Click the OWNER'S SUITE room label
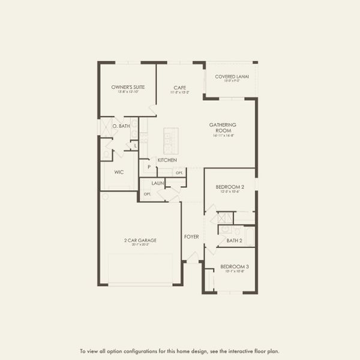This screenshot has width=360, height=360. (x=128, y=87)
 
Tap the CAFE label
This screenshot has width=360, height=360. (x=179, y=87)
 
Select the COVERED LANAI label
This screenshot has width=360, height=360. (x=231, y=76)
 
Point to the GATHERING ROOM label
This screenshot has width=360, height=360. (x=223, y=127)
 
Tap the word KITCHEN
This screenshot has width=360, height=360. (x=166, y=160)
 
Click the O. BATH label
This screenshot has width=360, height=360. (x=121, y=126)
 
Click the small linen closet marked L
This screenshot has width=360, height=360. (x=136, y=145)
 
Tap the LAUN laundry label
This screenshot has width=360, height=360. (x=158, y=182)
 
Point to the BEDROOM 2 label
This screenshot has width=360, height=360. (x=230, y=187)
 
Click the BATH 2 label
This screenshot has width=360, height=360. (x=234, y=241)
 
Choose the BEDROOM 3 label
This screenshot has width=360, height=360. (x=234, y=266)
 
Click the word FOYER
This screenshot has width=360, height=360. (x=191, y=237)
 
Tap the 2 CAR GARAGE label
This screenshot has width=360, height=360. (x=140, y=240)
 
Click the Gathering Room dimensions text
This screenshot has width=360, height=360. (x=223, y=136)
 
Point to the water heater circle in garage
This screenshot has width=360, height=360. (x=105, y=197)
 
